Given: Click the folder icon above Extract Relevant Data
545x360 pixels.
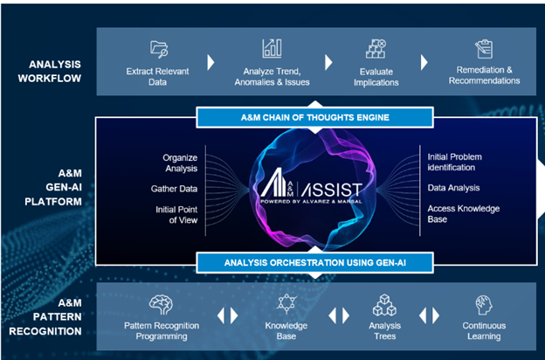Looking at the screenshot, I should click(160, 48).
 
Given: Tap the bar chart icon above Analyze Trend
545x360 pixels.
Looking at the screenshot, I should click(272, 48).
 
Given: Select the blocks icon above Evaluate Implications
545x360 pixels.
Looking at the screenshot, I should click(376, 49).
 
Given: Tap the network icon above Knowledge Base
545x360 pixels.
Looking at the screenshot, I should click(285, 304).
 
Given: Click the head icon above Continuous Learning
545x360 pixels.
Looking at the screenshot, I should click(483, 304).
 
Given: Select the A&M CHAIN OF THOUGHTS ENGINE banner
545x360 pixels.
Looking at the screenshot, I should click(315, 117).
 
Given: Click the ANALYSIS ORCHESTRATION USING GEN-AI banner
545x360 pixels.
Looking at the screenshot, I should click(315, 260).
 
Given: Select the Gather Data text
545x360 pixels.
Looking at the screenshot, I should click(173, 188).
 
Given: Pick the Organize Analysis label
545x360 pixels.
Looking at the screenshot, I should click(180, 163).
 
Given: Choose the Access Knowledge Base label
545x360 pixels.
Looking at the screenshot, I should click(464, 214).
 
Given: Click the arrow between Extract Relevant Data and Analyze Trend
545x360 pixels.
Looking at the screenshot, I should click(210, 63).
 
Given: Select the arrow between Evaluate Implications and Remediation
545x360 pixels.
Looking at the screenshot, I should click(424, 63).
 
